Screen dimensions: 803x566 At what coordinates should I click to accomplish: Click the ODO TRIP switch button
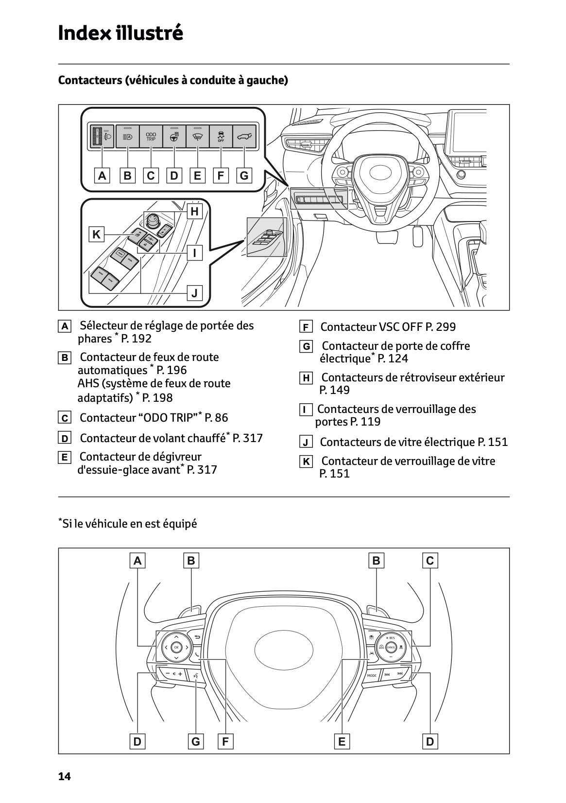tap(151, 137)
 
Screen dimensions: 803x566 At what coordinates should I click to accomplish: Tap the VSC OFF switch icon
tap(221, 137)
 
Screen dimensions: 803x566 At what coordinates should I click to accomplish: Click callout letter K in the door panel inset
tap(96, 235)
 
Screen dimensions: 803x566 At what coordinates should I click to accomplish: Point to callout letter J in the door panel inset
tap(194, 293)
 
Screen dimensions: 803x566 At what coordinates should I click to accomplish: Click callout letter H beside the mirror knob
tap(194, 211)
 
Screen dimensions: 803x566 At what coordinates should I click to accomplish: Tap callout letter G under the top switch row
tap(244, 175)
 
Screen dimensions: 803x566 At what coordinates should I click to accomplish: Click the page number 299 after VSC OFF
tap(446, 327)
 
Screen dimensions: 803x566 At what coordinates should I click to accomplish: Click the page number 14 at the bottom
tap(64, 777)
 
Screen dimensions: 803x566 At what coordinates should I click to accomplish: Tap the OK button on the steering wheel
tap(176, 647)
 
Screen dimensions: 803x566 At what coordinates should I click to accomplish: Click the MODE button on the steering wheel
tap(372, 675)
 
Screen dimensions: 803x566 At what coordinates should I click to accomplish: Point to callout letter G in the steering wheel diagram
tap(195, 742)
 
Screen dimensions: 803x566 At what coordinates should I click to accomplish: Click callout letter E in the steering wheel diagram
tap(342, 742)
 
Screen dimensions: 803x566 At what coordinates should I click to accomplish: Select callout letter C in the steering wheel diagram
tap(429, 561)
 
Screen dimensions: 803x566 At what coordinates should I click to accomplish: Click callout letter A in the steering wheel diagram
tap(137, 561)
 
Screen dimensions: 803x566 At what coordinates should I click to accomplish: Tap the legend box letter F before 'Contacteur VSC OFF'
tap(306, 327)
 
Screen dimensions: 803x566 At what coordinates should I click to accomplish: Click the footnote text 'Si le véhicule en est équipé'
tap(129, 524)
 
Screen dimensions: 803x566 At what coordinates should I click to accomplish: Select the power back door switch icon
tap(244, 137)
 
